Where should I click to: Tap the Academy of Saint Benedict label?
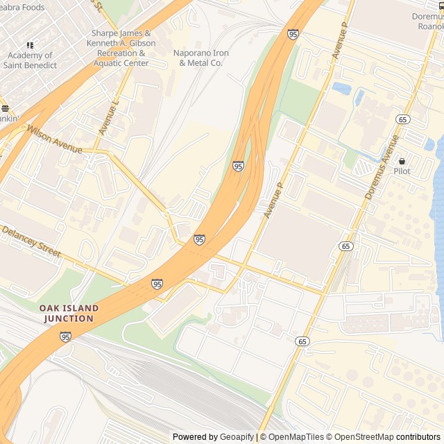click(29, 60)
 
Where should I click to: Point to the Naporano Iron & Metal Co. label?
click(200, 58)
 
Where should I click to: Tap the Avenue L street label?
click(109, 118)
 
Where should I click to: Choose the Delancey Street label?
click(31, 244)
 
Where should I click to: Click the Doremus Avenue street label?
click(382, 167)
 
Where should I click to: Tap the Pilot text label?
click(402, 171)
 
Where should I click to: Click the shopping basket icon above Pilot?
click(402, 161)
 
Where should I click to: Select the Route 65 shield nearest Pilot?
click(402, 119)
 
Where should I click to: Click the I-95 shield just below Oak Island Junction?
click(65, 337)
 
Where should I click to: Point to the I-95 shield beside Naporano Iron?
click(293, 33)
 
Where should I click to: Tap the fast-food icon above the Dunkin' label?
click(4, 109)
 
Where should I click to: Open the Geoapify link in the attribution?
click(238, 437)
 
